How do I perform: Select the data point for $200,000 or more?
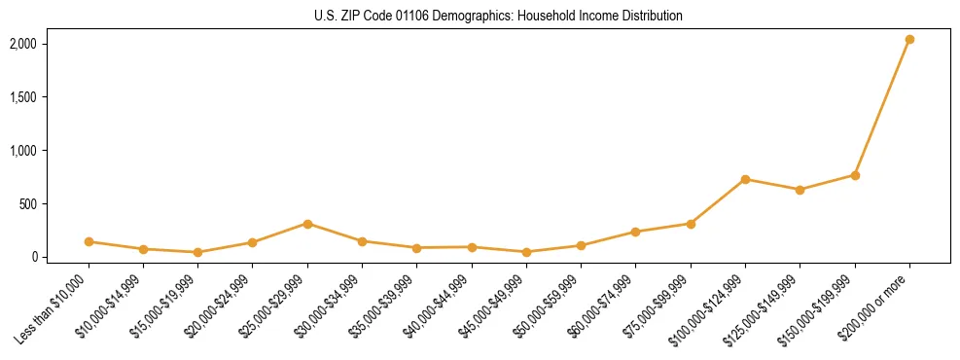(x=909, y=40)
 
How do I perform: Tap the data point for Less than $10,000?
(x=89, y=241)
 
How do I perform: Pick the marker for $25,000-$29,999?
(x=307, y=224)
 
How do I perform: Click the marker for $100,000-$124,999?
(x=745, y=179)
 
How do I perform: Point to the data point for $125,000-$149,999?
(x=800, y=190)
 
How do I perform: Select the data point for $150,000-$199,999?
(x=855, y=175)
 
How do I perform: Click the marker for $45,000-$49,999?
(x=526, y=252)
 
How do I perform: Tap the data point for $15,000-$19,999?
(x=197, y=252)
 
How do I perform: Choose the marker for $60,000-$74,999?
(x=635, y=232)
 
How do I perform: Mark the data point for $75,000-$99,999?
(x=691, y=224)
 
